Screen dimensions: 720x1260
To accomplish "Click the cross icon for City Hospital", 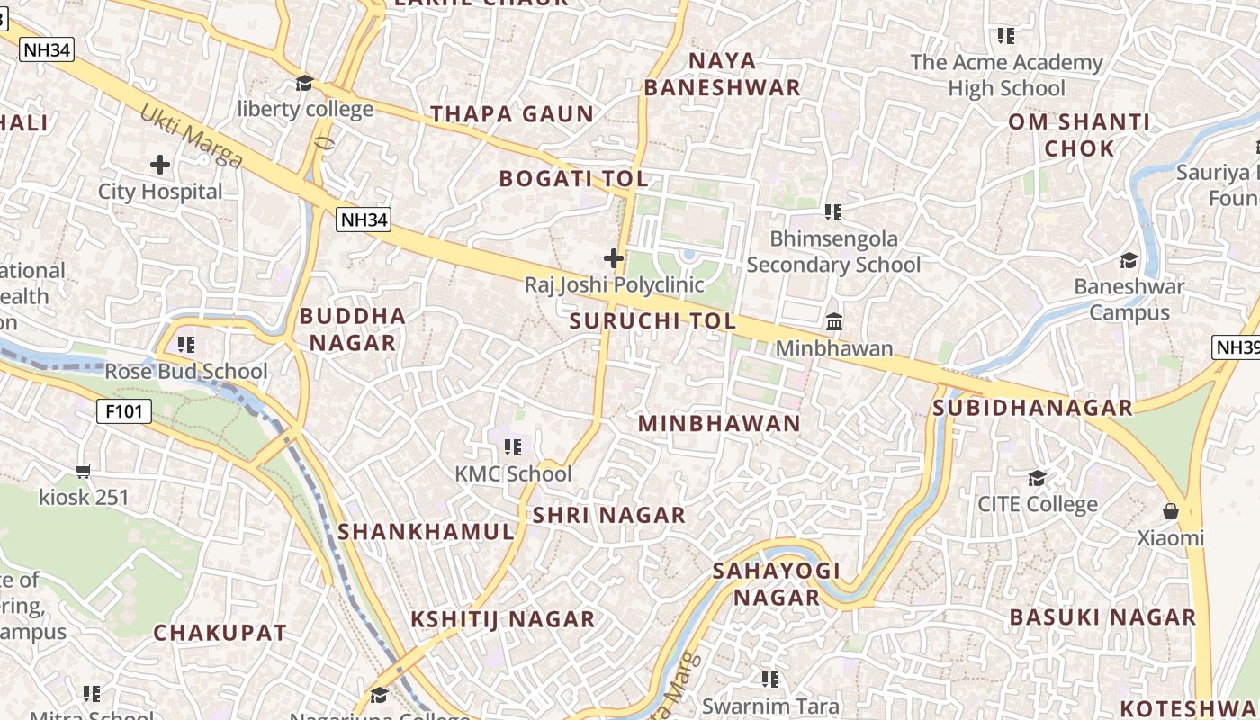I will (160, 165).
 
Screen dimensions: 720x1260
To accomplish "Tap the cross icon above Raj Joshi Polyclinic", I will (614, 259).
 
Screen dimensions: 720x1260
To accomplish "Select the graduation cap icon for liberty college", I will (304, 84).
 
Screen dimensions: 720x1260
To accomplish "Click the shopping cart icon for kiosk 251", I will (84, 471).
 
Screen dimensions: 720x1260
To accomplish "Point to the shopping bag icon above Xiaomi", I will (1170, 511).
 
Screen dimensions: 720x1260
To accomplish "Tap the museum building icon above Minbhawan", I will (834, 322).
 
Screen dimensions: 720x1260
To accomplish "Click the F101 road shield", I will (124, 412).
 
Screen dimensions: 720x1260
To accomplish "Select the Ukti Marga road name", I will (192, 136).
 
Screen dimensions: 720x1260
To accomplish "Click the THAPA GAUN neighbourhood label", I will (512, 114).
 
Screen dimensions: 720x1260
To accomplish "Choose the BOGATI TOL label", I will (574, 178).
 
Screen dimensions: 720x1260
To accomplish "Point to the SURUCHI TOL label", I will (652, 321).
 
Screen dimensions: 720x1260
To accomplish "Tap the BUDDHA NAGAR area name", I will (352, 329).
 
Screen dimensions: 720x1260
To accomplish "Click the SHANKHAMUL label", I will (426, 532).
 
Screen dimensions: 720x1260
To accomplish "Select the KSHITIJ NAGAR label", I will (503, 619).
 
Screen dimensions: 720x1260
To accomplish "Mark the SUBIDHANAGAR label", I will (1032, 408).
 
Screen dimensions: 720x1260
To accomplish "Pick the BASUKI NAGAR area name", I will (1102, 617).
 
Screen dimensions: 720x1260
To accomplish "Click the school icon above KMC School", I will (513, 447).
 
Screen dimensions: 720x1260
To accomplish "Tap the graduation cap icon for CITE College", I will (1038, 478).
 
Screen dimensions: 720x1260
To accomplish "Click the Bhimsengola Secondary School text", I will (833, 252).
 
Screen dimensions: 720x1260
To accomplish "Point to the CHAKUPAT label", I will (220, 633).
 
